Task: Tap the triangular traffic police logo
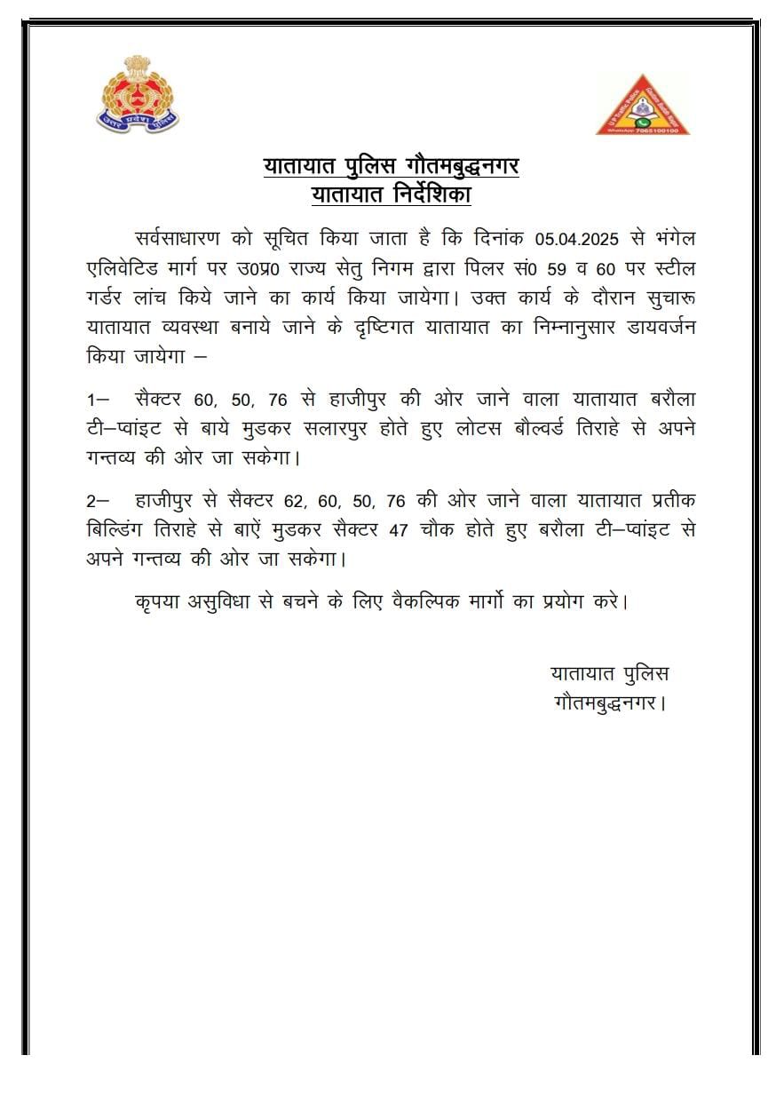643,106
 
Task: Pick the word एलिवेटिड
127,266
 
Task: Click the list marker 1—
98,398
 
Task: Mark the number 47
398,529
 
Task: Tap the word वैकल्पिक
435,601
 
